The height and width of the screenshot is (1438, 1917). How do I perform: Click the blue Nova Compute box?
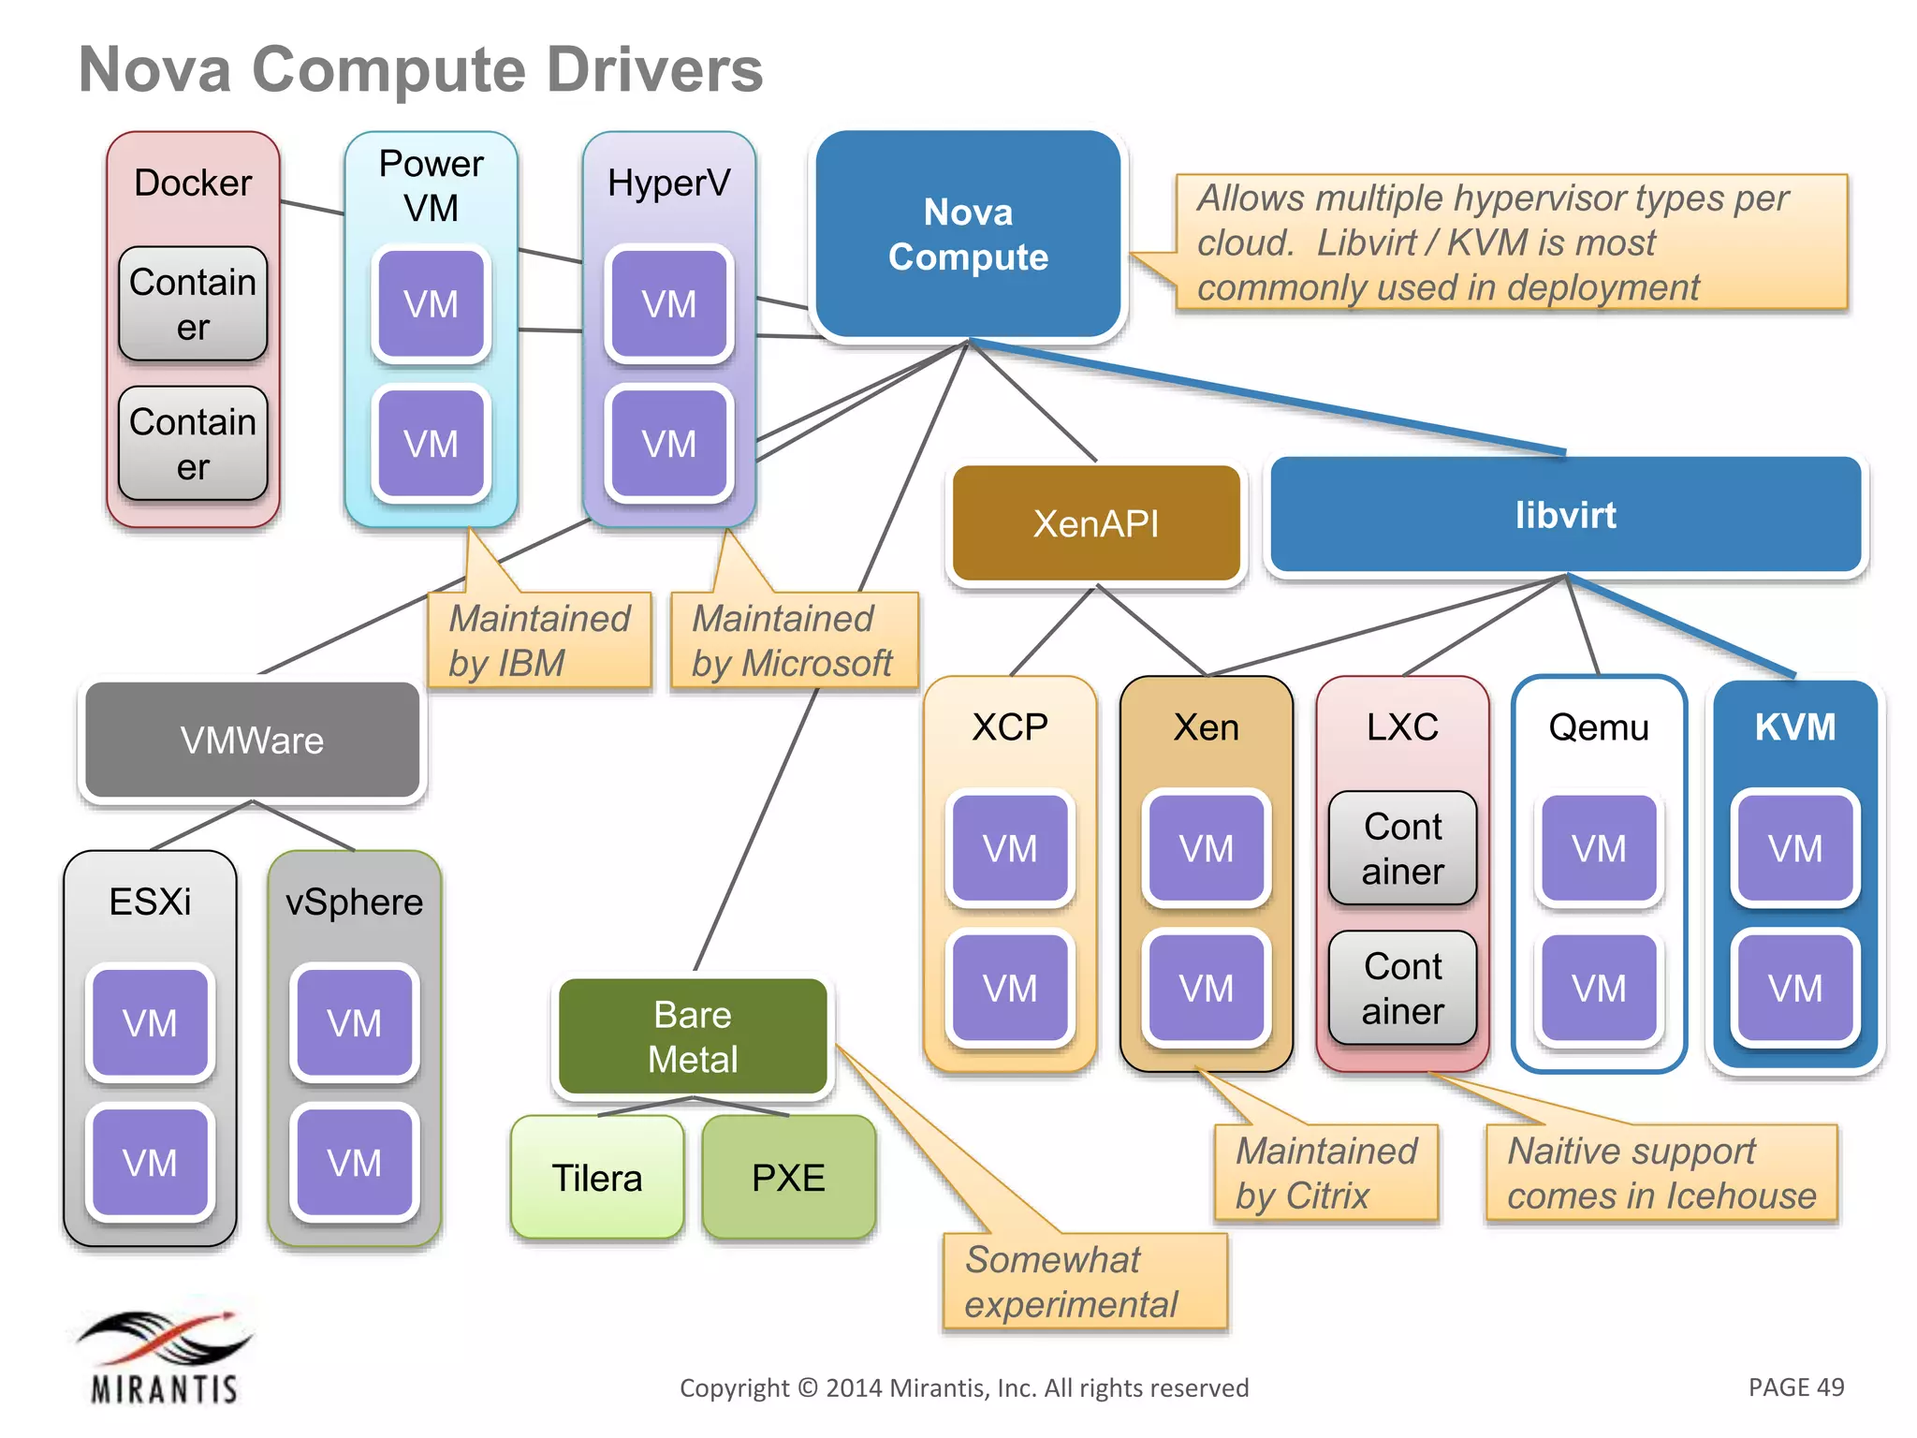[968, 234]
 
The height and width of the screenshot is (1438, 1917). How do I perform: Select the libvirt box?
[1565, 515]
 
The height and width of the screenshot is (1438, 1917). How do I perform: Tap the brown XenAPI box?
[1095, 523]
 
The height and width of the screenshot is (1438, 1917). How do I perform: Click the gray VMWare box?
[252, 741]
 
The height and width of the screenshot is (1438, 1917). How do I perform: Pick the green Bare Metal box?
[693, 1036]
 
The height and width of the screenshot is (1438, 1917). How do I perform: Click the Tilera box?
[597, 1178]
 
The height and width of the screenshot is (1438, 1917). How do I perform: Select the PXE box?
[788, 1178]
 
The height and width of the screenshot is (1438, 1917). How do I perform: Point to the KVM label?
[1794, 726]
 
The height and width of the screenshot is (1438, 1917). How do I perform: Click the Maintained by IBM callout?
[539, 640]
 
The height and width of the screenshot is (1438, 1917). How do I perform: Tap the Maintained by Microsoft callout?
[793, 640]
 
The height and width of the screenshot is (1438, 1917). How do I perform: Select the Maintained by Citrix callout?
[1325, 1173]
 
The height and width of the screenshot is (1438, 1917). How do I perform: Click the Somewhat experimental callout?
[1083, 1282]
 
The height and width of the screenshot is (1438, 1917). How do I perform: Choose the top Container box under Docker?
[193, 304]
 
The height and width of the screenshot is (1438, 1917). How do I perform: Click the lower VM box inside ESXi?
[150, 1163]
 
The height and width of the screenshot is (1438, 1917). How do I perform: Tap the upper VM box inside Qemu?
[1598, 848]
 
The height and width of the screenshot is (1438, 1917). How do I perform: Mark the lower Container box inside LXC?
[1402, 989]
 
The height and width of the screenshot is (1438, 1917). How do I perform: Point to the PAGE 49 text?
[1795, 1387]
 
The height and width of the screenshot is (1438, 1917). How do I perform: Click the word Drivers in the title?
[654, 70]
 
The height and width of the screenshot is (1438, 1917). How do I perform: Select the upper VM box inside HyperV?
[668, 304]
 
